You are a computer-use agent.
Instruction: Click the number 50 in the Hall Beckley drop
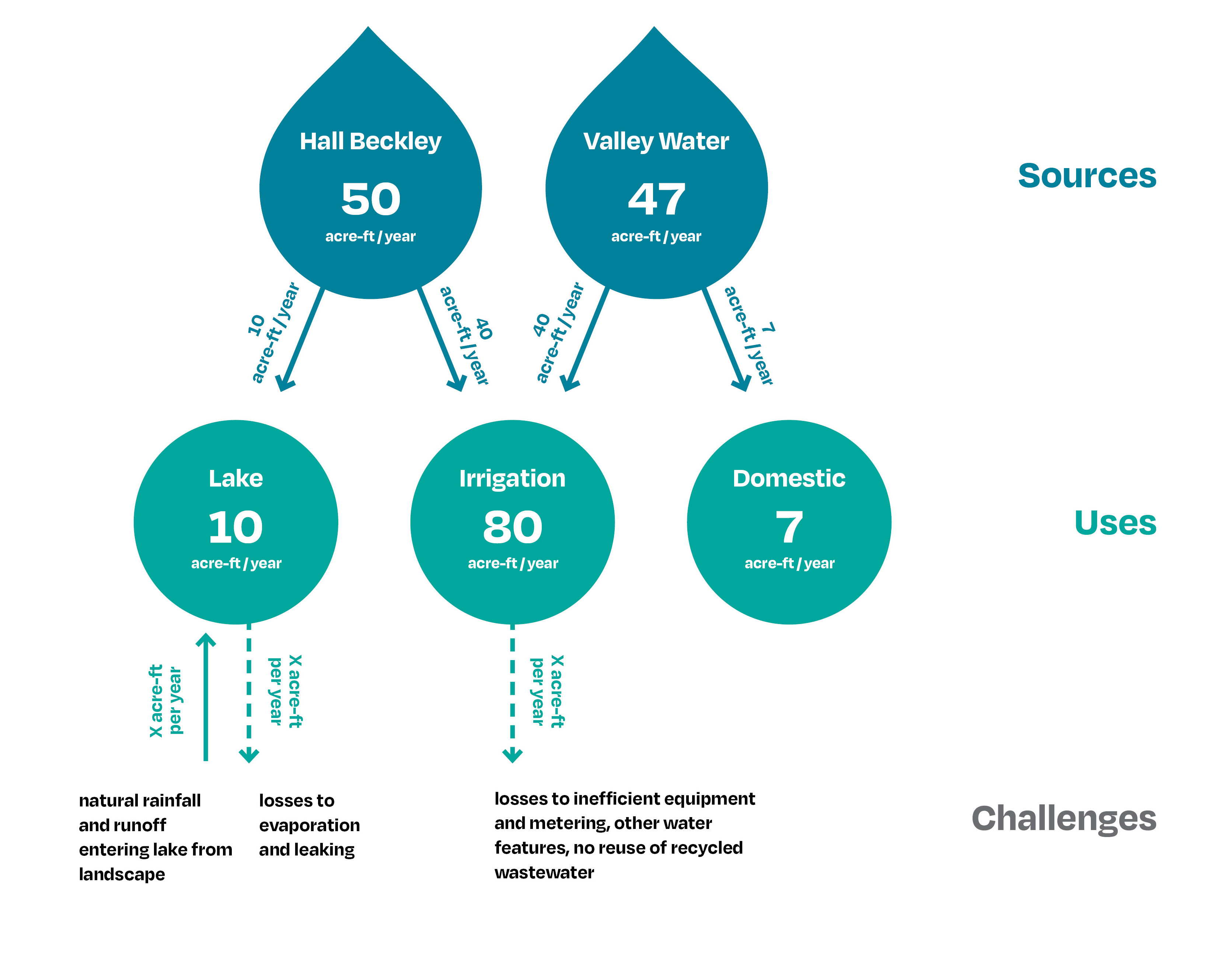click(371, 199)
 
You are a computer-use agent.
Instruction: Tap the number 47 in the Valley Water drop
click(657, 199)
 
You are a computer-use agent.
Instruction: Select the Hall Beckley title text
click(371, 142)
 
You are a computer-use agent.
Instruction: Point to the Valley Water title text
click(656, 142)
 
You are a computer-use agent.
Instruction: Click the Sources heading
click(1087, 175)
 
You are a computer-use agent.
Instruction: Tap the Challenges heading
click(1064, 819)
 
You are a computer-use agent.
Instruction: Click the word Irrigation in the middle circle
click(512, 478)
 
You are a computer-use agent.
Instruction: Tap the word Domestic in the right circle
click(789, 478)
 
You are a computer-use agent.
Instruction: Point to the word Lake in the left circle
click(236, 478)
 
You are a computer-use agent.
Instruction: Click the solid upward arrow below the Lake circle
click(206, 697)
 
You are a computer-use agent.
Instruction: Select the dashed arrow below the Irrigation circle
click(512, 693)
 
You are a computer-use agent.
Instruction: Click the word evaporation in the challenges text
click(310, 825)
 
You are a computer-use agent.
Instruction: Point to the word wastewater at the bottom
click(544, 872)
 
